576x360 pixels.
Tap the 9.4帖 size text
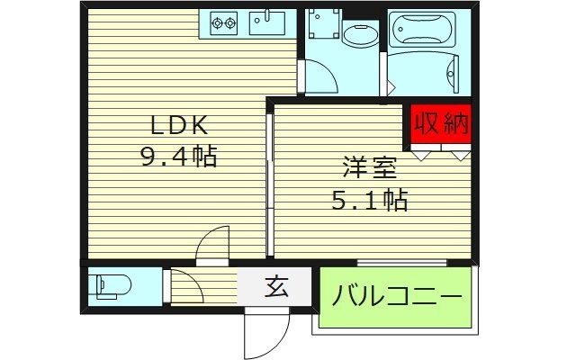coord(178,157)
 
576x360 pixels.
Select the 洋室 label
coord(368,167)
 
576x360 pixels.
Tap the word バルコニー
coord(395,296)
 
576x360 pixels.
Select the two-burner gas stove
coord(224,23)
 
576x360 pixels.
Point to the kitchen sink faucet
coord(266,15)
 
